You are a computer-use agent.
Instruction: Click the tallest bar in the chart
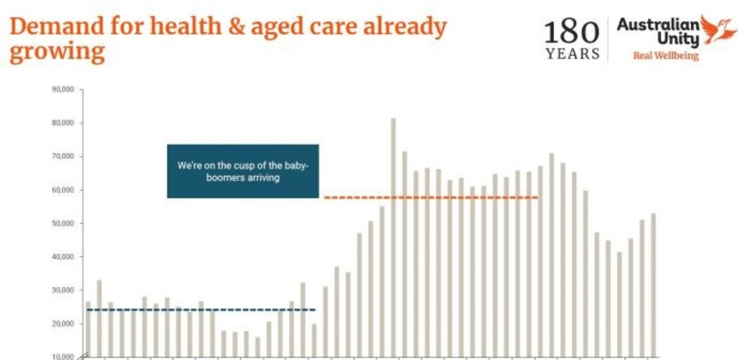(x=393, y=236)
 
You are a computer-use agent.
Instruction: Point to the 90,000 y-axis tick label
(x=63, y=90)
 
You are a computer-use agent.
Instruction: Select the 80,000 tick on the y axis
(x=63, y=123)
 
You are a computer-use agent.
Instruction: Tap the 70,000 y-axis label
(x=63, y=156)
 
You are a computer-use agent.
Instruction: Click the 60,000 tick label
(x=63, y=190)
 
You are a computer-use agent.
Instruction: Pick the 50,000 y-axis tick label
(x=63, y=224)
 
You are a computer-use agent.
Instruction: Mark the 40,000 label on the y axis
(x=63, y=257)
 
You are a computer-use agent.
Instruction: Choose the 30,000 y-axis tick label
(x=63, y=291)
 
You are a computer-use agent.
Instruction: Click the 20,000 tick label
(x=63, y=324)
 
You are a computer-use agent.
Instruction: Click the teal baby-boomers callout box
(x=243, y=171)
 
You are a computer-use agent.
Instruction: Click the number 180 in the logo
(x=572, y=33)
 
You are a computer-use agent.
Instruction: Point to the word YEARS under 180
(x=572, y=54)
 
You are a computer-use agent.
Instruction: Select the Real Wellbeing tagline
(x=666, y=55)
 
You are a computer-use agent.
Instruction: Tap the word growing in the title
(x=56, y=53)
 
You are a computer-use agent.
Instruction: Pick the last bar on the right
(x=654, y=285)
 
